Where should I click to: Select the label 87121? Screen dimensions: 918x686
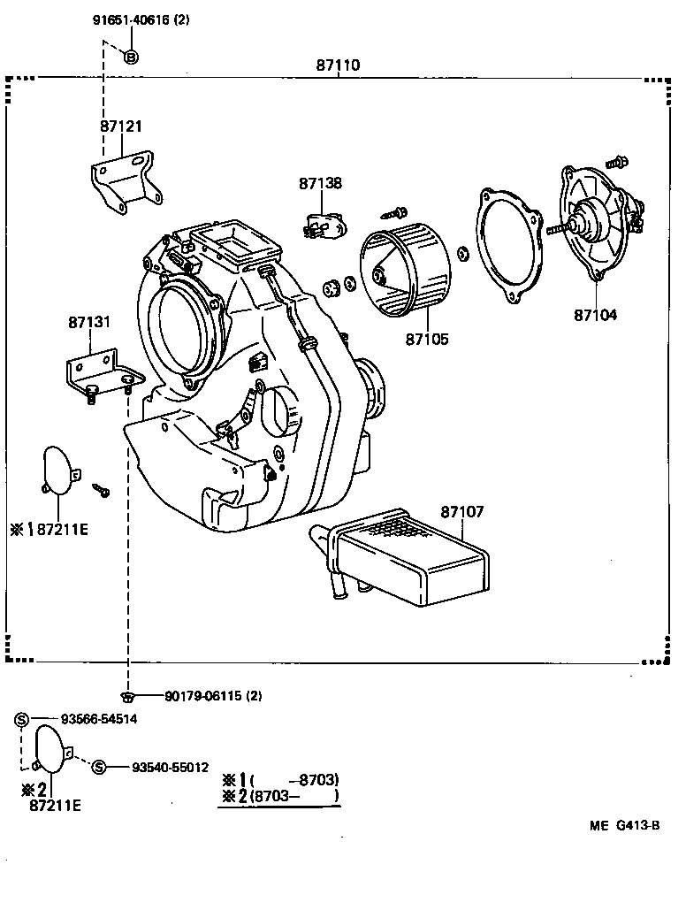(x=120, y=126)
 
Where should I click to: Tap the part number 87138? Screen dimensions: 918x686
(x=320, y=184)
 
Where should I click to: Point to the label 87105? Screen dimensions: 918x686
(x=427, y=339)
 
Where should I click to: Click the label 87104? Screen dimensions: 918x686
(x=595, y=314)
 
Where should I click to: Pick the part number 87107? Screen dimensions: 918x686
(x=461, y=512)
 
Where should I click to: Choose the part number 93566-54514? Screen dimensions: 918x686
(x=98, y=719)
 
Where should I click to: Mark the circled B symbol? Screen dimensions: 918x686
(x=130, y=58)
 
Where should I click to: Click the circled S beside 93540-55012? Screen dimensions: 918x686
(x=99, y=767)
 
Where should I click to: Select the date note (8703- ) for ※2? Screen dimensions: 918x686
(x=294, y=796)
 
